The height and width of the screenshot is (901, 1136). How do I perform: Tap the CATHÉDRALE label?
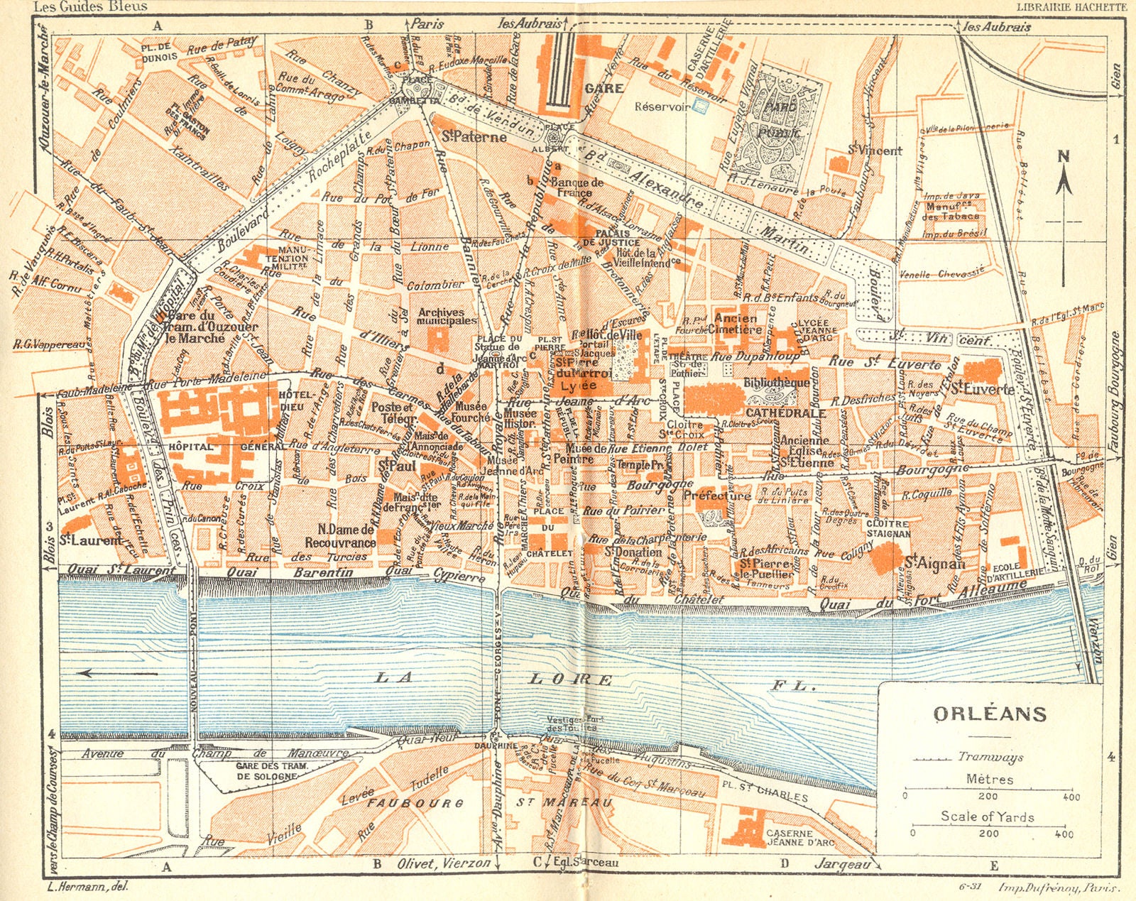(x=785, y=413)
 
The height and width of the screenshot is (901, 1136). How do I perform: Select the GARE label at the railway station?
(x=603, y=89)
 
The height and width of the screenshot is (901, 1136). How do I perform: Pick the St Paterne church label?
(x=474, y=137)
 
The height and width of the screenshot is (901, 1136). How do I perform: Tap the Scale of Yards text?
(x=987, y=817)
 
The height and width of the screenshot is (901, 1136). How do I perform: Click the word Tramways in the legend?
(x=990, y=757)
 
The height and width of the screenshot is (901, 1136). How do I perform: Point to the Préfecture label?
(x=716, y=496)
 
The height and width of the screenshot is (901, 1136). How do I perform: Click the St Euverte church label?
(x=982, y=390)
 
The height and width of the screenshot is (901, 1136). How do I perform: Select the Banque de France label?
(x=576, y=187)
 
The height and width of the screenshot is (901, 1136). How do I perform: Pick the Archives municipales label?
(x=447, y=316)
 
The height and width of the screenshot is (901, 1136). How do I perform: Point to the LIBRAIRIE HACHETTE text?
(x=1071, y=6)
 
